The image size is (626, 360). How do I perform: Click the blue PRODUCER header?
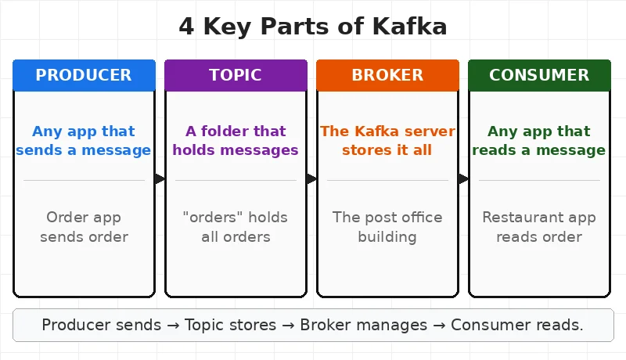point(84,75)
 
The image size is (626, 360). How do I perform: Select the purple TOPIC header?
point(236,75)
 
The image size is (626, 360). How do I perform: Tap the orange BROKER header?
point(387,75)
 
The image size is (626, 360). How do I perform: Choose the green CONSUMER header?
point(539,75)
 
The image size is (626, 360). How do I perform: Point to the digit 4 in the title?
point(186,27)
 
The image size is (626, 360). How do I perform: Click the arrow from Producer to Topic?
point(160,179)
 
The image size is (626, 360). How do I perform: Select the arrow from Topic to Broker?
point(311,179)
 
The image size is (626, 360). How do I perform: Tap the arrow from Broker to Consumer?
point(463,179)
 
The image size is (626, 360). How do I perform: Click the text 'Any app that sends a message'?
point(84,140)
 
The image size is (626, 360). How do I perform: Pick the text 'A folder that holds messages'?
point(236,140)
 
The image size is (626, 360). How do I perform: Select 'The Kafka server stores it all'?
point(387,140)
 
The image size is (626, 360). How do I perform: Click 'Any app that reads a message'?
point(539,140)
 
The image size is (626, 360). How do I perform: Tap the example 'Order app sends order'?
point(84,227)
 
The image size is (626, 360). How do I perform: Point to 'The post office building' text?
point(387,227)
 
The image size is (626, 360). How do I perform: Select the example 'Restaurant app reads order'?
point(539,227)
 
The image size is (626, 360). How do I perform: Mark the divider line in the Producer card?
point(84,180)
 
